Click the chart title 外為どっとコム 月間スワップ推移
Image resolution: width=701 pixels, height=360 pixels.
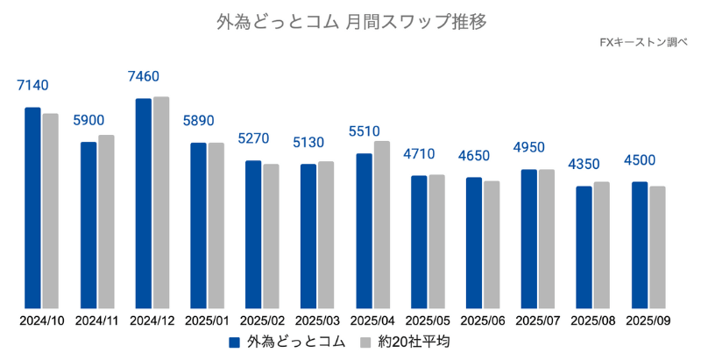tap(350, 20)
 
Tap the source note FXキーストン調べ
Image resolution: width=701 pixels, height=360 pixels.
tap(644, 42)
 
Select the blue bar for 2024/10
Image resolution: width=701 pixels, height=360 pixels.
tap(32, 207)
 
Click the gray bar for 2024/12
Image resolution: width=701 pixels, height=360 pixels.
tap(161, 201)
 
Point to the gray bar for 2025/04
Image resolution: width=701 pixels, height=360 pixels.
tap(381, 223)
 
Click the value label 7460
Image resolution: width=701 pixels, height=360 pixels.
tap(144, 77)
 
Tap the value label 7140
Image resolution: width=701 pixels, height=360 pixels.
tap(32, 86)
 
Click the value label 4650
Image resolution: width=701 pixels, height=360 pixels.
tap(474, 156)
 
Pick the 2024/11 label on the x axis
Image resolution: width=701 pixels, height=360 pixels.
tap(97, 321)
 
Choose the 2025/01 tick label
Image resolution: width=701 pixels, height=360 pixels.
tap(208, 321)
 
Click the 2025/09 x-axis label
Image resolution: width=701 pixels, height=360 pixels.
tap(649, 321)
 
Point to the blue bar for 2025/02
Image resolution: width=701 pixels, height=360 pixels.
tap(253, 233)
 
